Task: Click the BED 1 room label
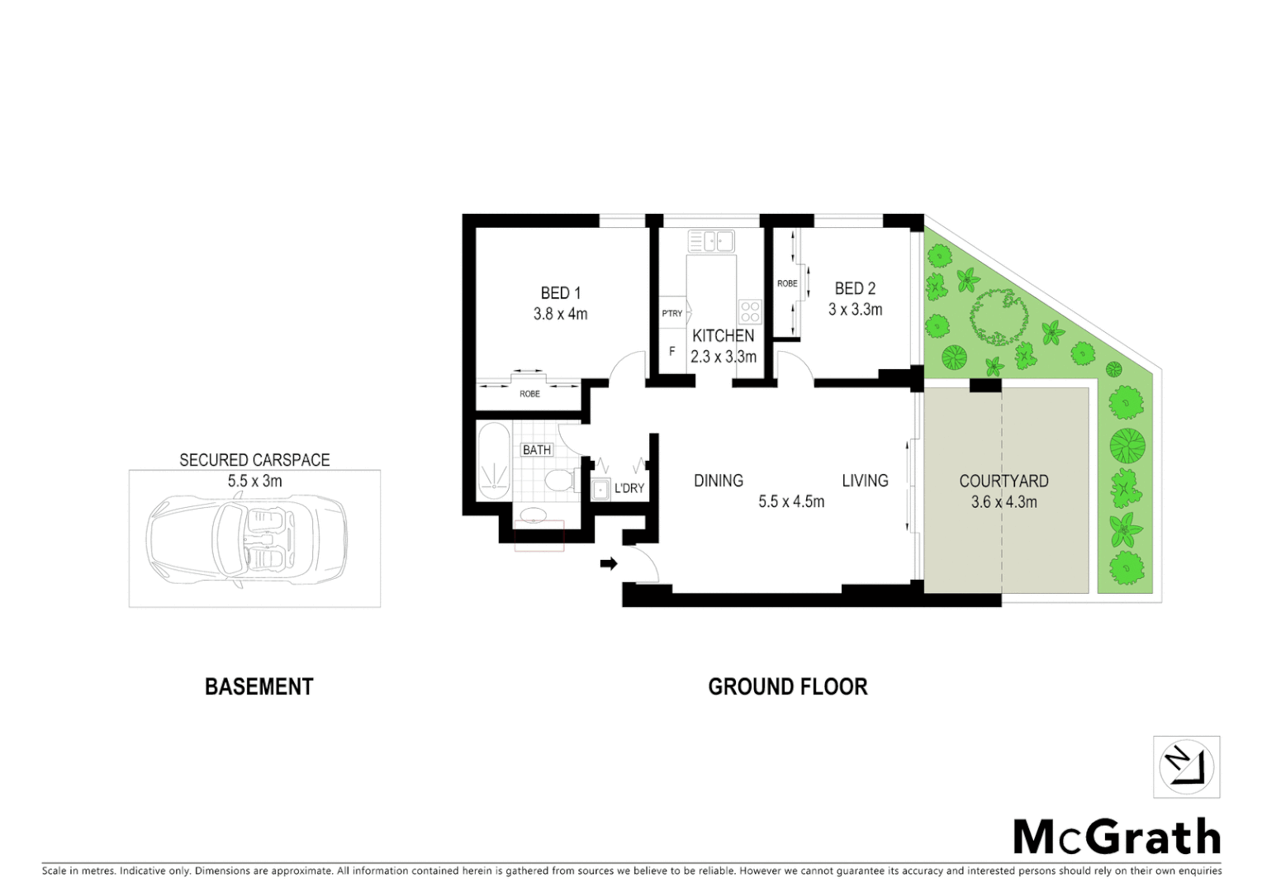click(x=560, y=293)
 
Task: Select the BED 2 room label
click(x=855, y=288)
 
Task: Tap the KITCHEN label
click(x=723, y=335)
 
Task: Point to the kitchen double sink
click(x=711, y=241)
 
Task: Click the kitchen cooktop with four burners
click(x=749, y=311)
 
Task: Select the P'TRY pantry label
click(x=671, y=313)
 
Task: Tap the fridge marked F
click(x=671, y=351)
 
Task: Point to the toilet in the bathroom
click(x=562, y=479)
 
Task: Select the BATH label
click(x=537, y=450)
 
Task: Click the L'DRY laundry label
click(x=629, y=488)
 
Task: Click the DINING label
click(x=718, y=481)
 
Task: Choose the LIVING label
click(x=865, y=481)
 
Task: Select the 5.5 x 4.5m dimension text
click(x=790, y=501)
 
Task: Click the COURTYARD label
click(x=1003, y=481)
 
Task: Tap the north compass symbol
click(x=1186, y=767)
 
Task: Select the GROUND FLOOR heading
click(x=787, y=686)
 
